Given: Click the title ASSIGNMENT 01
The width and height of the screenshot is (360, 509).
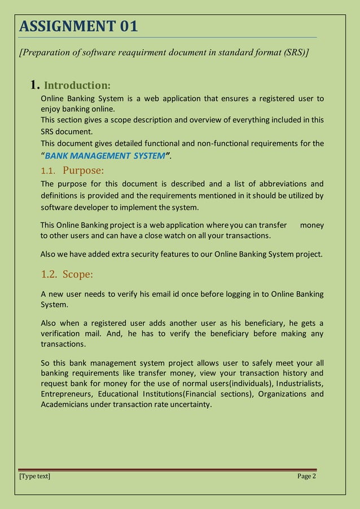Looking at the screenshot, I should click(78, 26).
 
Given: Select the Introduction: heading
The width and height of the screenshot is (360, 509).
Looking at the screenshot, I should click(77, 86).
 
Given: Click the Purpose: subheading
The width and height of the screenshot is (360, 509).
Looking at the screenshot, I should click(84, 170).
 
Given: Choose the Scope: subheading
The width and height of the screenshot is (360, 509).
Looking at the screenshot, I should click(78, 275).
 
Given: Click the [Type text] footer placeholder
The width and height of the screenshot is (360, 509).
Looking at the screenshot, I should click(34, 477).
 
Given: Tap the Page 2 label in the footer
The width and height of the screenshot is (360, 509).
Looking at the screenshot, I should click(306, 477).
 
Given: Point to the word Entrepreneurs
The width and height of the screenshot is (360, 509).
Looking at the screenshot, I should click(67, 394).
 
